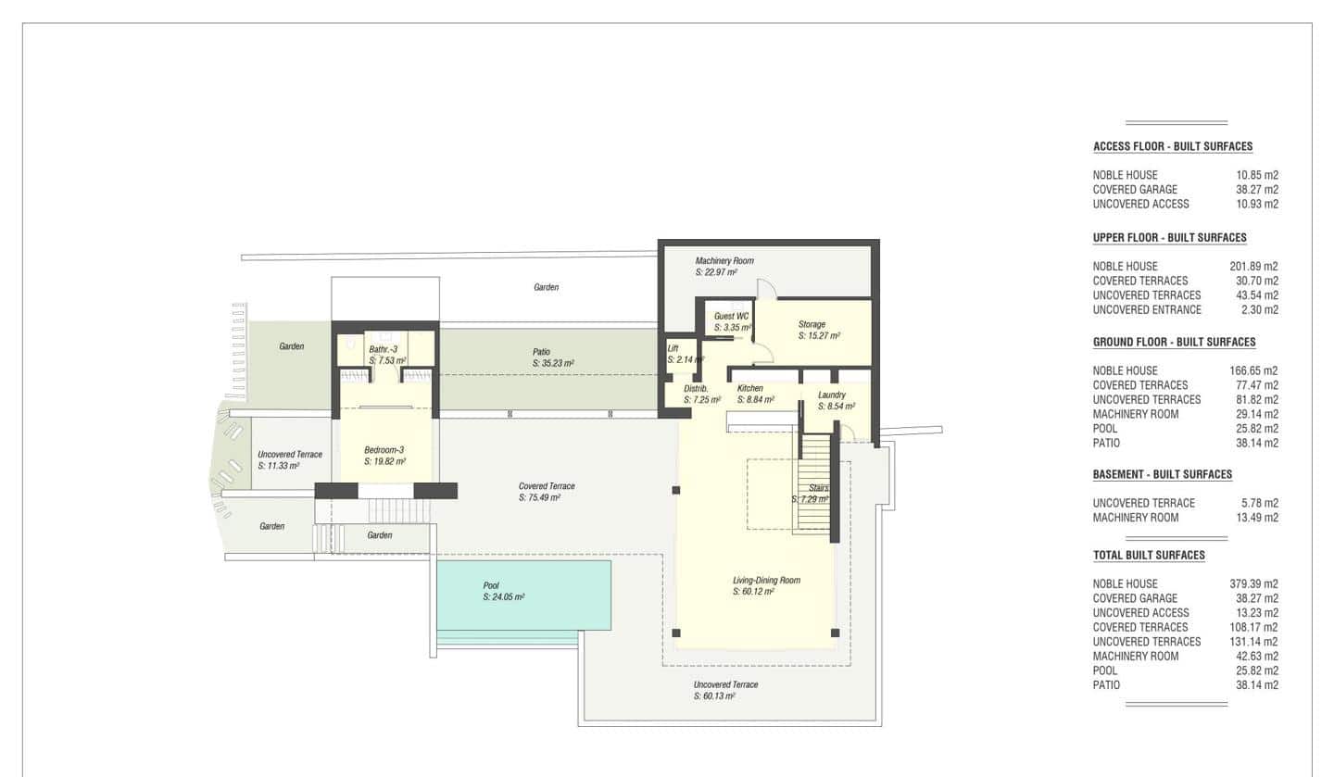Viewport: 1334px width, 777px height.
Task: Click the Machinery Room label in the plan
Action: pos(724,261)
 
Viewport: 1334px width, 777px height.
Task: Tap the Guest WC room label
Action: pos(731,316)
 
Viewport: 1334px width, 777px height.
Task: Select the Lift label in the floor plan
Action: pos(673,348)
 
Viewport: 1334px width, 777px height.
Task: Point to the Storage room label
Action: pos(812,324)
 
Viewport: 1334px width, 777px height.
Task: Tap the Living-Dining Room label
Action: pos(765,580)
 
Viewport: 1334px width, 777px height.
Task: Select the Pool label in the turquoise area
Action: pos(491,585)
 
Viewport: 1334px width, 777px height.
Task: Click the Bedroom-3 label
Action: pos(384,449)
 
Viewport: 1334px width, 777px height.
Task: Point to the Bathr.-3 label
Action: pos(383,349)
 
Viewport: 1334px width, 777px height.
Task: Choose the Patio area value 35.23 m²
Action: pos(555,364)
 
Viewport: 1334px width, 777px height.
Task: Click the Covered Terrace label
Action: pos(547,486)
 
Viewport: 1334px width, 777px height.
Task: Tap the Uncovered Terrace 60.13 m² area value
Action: pos(714,696)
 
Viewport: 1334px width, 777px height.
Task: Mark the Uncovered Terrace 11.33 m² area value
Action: pos(278,466)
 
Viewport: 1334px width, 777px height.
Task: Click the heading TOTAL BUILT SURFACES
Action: pos(1149,556)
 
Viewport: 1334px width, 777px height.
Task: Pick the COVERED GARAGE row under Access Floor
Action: pos(1135,190)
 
